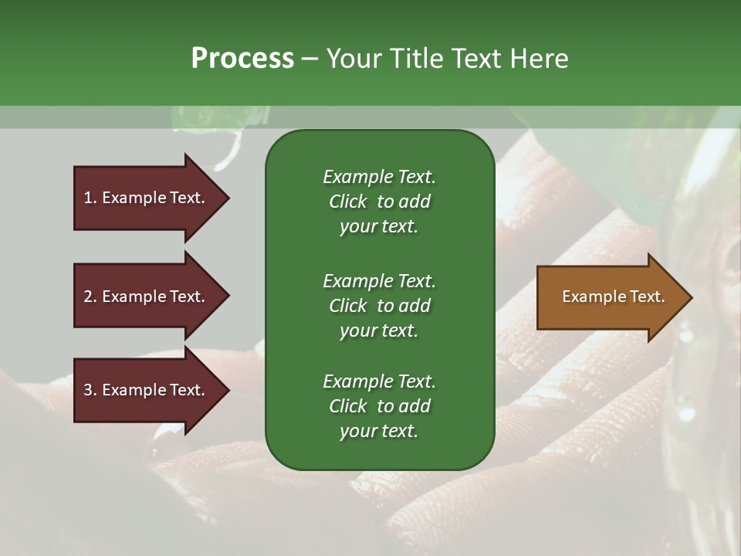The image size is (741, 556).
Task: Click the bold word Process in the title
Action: (242, 59)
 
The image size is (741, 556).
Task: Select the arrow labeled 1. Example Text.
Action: (147, 198)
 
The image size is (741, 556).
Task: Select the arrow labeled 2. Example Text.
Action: (147, 297)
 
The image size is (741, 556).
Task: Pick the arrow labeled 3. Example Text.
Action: (147, 390)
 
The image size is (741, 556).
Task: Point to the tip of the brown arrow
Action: (689, 297)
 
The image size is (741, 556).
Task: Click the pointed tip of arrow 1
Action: (227, 198)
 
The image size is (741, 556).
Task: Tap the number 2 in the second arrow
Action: (88, 297)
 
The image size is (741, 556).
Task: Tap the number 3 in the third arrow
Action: (88, 390)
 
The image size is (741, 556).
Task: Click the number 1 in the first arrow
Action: (88, 198)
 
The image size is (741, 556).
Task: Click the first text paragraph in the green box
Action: (379, 202)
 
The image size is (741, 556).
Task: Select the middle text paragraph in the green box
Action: (379, 305)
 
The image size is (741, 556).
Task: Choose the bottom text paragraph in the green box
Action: (379, 406)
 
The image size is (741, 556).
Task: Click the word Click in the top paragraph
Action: (347, 202)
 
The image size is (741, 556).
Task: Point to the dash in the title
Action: (310, 59)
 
